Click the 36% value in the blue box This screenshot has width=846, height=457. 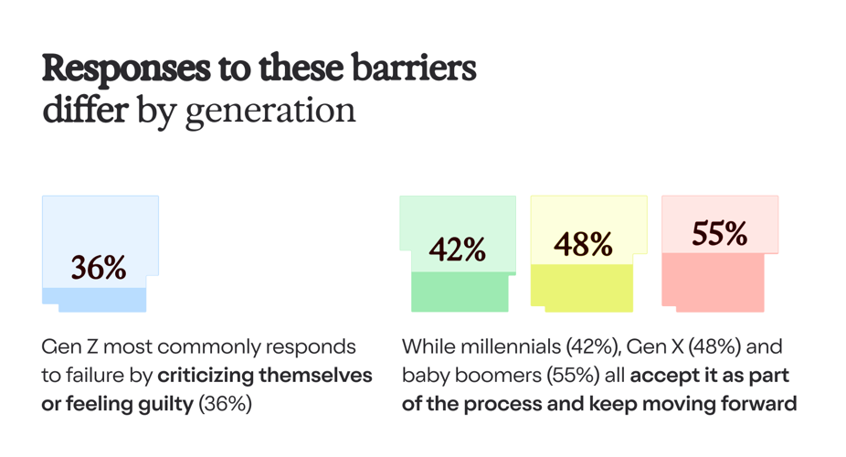coord(99,268)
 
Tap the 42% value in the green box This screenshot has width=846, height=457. coord(458,250)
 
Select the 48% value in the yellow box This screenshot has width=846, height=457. coord(584,244)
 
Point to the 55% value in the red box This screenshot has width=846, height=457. coord(719,234)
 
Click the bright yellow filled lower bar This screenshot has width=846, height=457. coord(582,285)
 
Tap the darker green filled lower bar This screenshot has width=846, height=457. coord(460,292)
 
